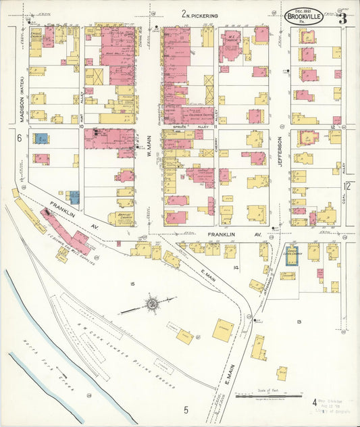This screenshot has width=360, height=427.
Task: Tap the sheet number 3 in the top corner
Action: coord(342,18)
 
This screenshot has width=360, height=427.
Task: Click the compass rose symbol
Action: coord(152,305)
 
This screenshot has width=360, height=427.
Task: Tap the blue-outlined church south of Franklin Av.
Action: coord(291,255)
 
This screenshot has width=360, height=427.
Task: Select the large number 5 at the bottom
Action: coord(184,409)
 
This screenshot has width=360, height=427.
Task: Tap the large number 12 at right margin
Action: coord(346,186)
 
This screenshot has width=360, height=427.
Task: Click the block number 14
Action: coord(236,268)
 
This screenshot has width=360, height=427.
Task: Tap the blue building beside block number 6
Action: coord(41,139)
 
